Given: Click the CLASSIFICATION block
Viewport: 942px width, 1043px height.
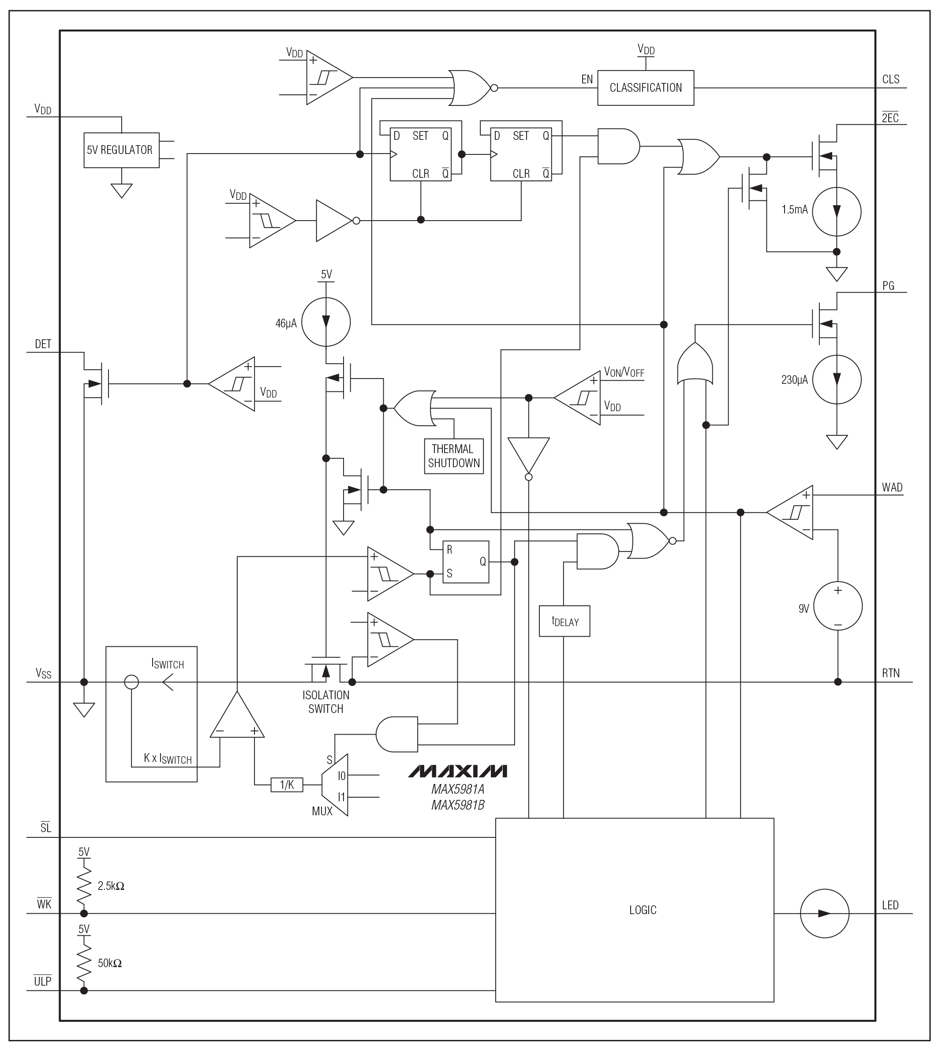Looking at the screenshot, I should coord(645,88).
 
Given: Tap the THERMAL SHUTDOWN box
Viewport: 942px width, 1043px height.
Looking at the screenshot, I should coord(453,456).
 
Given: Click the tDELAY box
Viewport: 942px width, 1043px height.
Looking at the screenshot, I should coord(564,621).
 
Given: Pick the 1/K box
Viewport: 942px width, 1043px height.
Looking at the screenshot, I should coord(286,785).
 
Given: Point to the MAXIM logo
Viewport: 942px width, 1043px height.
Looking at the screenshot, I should coord(458,771).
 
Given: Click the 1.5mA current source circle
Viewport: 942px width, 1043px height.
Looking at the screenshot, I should coord(837,211).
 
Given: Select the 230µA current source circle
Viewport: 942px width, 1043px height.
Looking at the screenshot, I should coord(837,379).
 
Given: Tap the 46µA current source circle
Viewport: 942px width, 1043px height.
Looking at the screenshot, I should coord(326,322).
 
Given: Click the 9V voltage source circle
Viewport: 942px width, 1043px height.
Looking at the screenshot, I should coord(837,607).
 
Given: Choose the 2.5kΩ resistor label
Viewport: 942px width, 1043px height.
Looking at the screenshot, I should coord(111,886).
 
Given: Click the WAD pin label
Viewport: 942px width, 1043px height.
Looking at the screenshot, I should coord(892,488).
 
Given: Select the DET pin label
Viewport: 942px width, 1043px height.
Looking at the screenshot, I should coord(43,345).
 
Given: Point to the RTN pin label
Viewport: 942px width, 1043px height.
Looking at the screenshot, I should coord(890,673).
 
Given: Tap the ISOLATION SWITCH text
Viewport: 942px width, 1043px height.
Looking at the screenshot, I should coord(326,702).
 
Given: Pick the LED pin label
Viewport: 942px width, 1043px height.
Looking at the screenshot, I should coord(890,905).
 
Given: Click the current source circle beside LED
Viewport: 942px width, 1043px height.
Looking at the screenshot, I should coord(824,914).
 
